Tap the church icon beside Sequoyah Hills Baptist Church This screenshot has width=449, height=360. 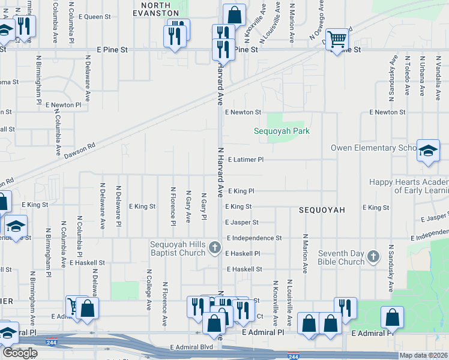(215, 247)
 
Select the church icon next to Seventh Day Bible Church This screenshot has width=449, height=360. (373, 257)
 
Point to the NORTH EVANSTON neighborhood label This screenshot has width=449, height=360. (155, 8)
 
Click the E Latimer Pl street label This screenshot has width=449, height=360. (246, 160)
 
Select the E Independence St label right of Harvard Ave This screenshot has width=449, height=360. (255, 238)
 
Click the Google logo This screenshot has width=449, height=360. (19, 353)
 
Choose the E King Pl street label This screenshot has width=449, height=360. (241, 191)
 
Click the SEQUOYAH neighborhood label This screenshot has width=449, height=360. (322, 210)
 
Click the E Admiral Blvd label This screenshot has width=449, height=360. (191, 347)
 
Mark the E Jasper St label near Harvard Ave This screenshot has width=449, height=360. (243, 223)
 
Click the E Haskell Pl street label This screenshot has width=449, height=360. (243, 254)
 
